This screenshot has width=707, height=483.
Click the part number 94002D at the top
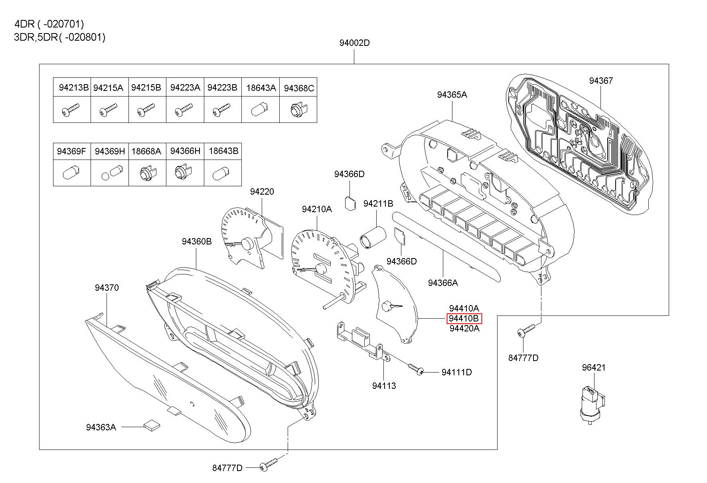point(354,43)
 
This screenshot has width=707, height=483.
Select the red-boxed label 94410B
point(464,319)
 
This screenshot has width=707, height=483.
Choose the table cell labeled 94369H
point(109,152)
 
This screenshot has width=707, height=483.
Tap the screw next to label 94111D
point(415,369)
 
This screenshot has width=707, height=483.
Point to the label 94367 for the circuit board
point(601,81)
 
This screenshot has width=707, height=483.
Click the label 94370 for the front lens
point(107,288)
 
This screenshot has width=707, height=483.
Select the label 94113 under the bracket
point(384,386)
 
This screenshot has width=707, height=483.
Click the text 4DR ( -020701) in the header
point(49,24)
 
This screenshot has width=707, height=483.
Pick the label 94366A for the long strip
point(443,283)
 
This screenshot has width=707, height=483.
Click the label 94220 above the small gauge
point(262,191)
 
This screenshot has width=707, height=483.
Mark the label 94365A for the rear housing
point(452,95)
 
